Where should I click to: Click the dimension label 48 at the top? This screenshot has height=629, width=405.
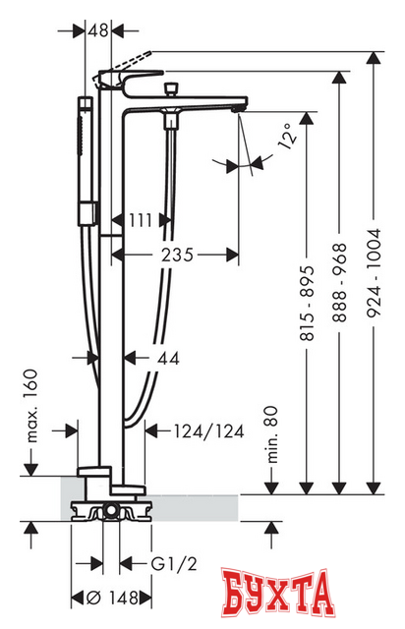coord(97,30)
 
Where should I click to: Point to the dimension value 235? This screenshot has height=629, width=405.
coord(177,255)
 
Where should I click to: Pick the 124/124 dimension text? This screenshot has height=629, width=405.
coord(195,429)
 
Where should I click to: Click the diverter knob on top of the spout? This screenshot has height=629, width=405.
coord(172,90)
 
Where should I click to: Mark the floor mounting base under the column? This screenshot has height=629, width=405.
coord(110,512)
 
